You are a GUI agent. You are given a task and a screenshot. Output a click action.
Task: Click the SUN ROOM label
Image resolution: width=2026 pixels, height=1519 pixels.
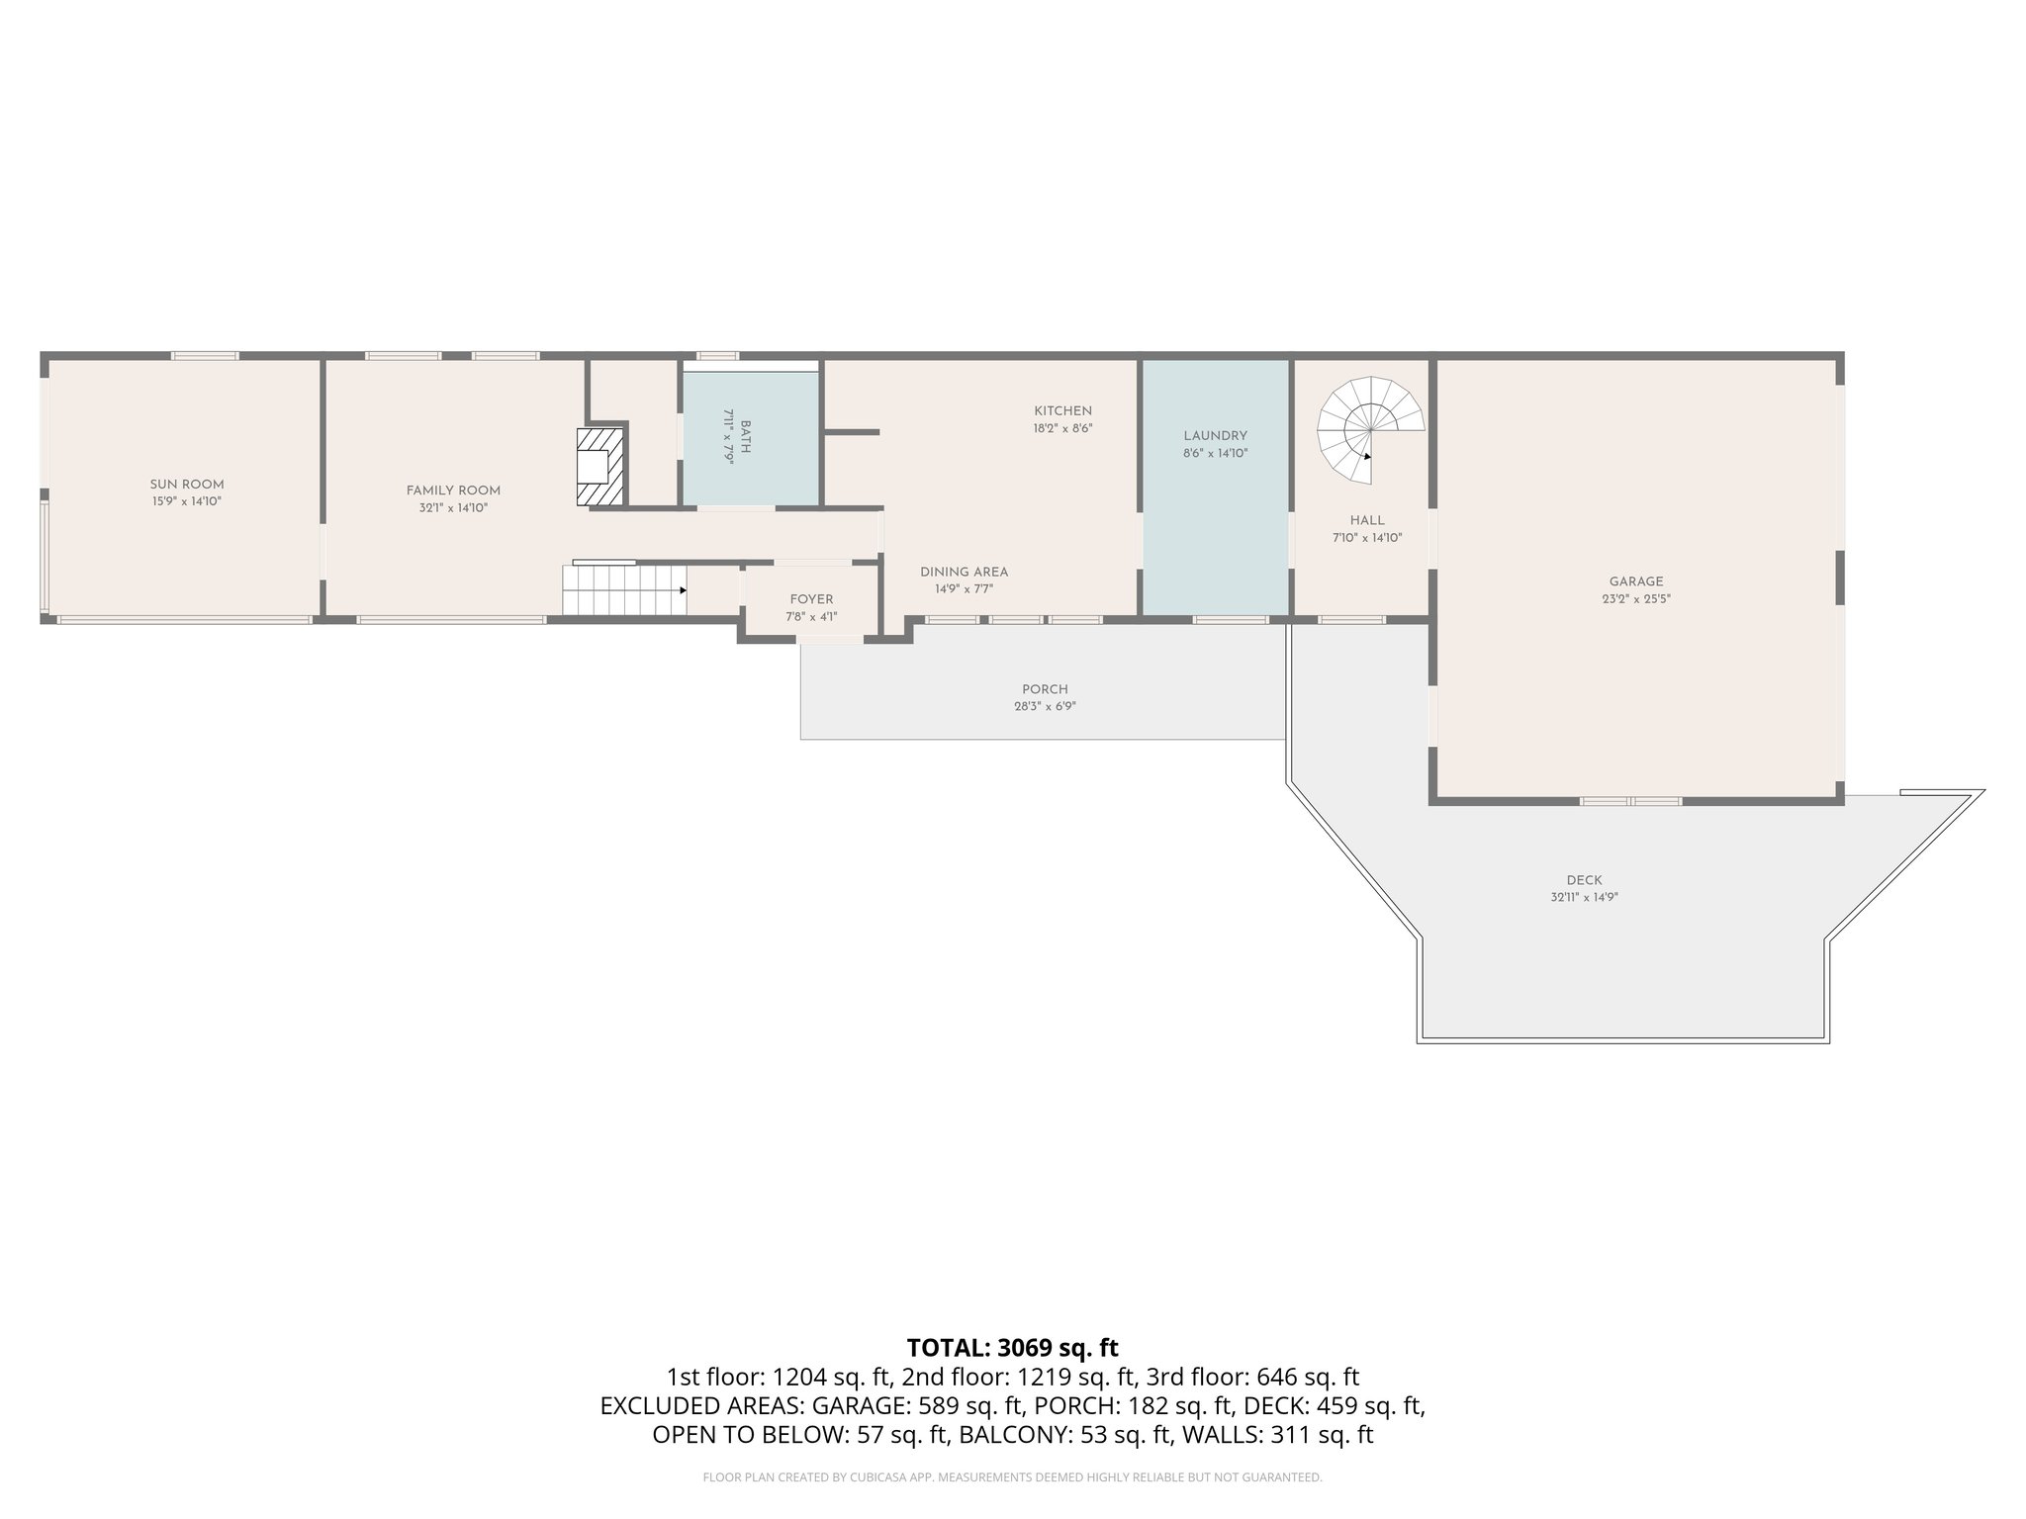tap(187, 485)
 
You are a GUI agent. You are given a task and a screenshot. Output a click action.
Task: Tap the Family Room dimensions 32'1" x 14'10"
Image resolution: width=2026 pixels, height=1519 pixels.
tap(453, 508)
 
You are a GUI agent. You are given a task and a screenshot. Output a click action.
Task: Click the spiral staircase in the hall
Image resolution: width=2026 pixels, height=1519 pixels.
tap(1369, 430)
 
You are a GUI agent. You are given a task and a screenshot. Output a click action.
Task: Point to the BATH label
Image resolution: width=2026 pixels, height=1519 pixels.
tap(746, 436)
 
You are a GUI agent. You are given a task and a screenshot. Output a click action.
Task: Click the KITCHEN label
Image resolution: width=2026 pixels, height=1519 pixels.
tap(1062, 411)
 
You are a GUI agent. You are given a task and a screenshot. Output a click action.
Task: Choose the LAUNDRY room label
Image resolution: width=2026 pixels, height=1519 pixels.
tap(1215, 436)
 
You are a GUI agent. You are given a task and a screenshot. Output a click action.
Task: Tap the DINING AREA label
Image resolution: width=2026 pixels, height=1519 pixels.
tap(964, 573)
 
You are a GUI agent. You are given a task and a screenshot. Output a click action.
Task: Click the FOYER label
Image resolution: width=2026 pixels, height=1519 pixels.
tap(811, 599)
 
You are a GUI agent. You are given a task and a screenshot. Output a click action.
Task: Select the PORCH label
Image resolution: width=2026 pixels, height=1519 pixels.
tap(1045, 689)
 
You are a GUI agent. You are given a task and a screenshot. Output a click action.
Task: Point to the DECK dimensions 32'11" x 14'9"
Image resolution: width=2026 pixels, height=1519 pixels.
tap(1584, 898)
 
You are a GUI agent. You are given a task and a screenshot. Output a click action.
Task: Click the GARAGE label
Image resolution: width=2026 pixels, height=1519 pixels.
tap(1635, 581)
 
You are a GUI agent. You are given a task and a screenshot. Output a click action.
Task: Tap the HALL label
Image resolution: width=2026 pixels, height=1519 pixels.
tap(1367, 520)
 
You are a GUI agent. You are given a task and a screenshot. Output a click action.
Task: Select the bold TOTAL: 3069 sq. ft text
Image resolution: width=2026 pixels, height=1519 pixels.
tap(1012, 1348)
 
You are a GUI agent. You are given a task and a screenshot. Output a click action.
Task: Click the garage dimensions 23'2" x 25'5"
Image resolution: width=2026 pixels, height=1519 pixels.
tap(1636, 599)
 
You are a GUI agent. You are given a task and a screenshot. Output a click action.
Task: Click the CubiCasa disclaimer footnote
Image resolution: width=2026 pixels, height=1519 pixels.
tap(1012, 1477)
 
